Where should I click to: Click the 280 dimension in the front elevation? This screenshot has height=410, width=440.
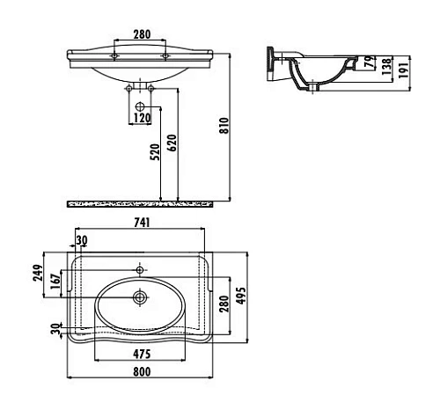(x=141, y=35)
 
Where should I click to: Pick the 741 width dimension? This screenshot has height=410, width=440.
(x=141, y=224)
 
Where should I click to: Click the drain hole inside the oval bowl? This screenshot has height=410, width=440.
(x=139, y=298)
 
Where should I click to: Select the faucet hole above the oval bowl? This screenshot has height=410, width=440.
(x=139, y=268)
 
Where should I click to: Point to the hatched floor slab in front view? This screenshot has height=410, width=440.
(x=141, y=203)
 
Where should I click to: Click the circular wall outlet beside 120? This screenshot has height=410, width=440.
(x=142, y=108)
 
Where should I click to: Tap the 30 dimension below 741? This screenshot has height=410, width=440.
(x=81, y=240)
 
